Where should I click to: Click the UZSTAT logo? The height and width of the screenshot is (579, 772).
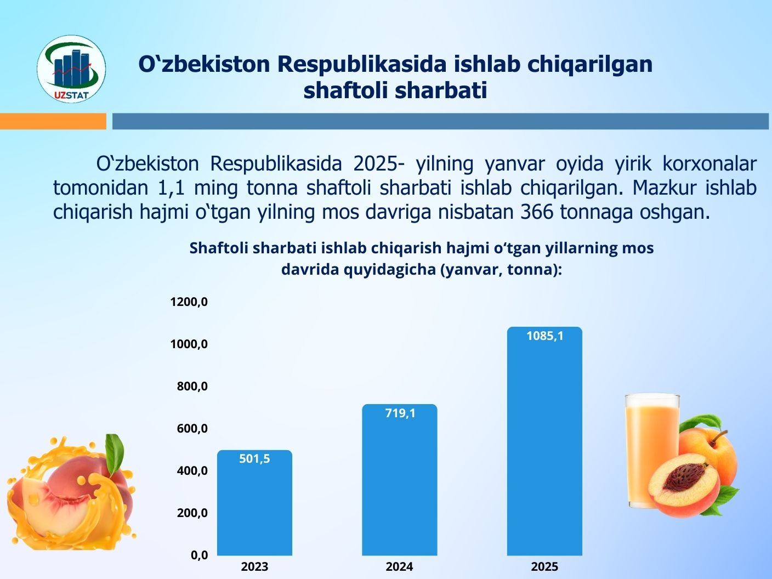pyautogui.click(x=71, y=69)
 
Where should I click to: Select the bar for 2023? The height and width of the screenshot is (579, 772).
pyautogui.click(x=254, y=503)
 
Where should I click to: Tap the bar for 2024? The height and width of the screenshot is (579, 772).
pyautogui.click(x=400, y=480)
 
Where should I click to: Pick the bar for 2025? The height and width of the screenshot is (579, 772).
pyautogui.click(x=544, y=441)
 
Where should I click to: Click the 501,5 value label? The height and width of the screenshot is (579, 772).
pyautogui.click(x=254, y=459)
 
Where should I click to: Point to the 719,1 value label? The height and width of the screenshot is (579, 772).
pyautogui.click(x=400, y=413)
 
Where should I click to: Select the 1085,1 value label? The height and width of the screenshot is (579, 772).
pyautogui.click(x=545, y=336)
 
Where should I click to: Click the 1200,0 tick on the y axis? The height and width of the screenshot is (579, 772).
pyautogui.click(x=189, y=302)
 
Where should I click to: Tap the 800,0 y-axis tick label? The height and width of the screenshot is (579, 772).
pyautogui.click(x=192, y=386)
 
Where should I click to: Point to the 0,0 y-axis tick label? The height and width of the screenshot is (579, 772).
pyautogui.click(x=200, y=555)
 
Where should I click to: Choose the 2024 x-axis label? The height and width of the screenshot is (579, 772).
pyautogui.click(x=400, y=567)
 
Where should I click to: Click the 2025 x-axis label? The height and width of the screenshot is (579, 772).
pyautogui.click(x=544, y=567)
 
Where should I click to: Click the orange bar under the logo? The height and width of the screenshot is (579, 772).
pyautogui.click(x=53, y=121)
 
